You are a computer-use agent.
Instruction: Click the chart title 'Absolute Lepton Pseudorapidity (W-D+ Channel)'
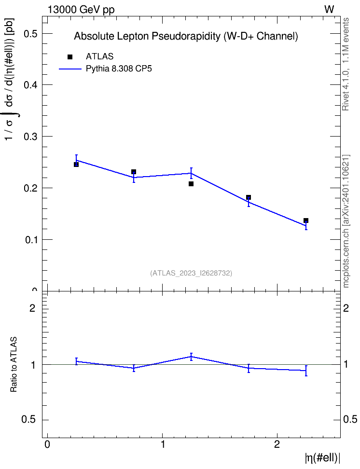(186, 36)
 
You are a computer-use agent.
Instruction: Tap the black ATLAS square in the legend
(70, 57)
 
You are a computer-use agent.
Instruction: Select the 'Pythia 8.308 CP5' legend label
(119, 69)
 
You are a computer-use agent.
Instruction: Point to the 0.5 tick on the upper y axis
(45, 33)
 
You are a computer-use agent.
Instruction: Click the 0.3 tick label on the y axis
(30, 137)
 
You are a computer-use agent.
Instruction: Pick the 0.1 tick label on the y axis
(30, 240)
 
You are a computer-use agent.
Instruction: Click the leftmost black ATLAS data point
(76, 165)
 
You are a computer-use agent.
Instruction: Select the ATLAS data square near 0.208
(191, 184)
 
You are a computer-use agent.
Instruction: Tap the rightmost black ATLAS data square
(306, 221)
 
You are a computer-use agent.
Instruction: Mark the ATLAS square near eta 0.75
(134, 172)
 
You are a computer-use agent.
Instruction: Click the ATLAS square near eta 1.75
(249, 197)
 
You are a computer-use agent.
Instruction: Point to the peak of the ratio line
(191, 357)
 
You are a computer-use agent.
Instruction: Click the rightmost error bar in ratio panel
(306, 371)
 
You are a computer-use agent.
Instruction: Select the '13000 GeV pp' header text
(81, 10)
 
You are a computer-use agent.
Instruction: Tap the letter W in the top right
(329, 10)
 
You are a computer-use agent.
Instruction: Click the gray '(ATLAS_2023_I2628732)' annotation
(191, 273)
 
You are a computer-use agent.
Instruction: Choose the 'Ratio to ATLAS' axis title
(14, 364)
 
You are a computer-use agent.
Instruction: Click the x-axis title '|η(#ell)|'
(322, 457)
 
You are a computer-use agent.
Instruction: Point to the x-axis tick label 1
(163, 444)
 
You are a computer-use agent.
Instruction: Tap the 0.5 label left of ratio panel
(28, 420)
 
